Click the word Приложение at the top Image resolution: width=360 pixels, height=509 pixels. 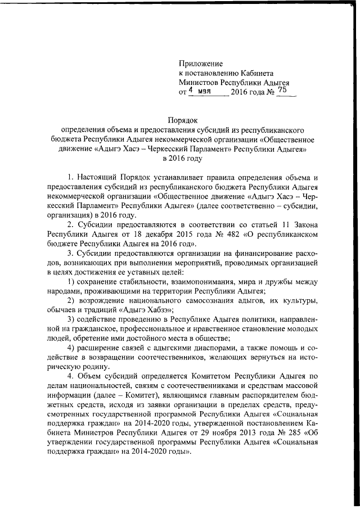(201, 64)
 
